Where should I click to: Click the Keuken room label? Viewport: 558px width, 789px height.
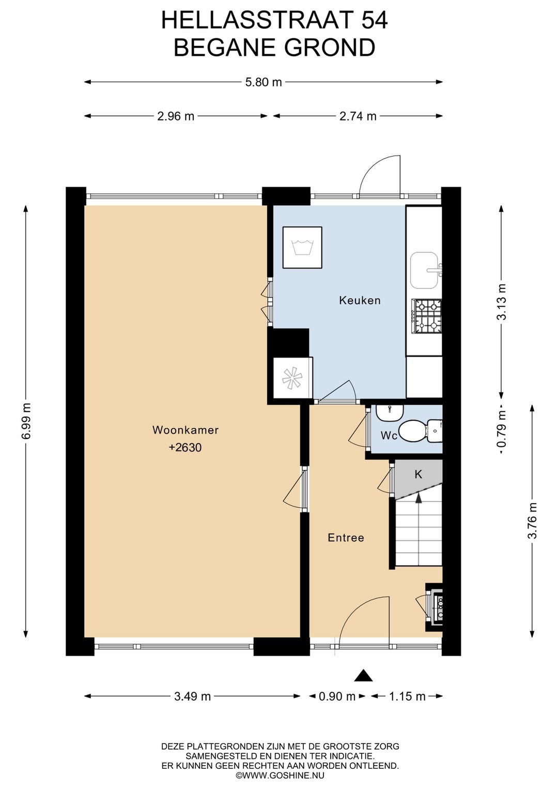360,300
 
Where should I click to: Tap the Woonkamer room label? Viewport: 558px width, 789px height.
185,430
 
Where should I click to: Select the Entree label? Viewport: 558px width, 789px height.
346,538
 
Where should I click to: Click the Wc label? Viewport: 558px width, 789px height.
389,436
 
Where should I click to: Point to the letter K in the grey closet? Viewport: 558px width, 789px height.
418,475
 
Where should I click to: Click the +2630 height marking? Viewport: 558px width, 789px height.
185,448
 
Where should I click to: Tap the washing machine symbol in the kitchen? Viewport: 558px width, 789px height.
303,247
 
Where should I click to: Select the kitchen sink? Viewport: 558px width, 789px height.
425,270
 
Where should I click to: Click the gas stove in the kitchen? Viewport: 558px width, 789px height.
427,316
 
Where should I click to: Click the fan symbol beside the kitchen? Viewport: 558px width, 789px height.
292,378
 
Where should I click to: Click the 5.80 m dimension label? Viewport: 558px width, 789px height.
263,82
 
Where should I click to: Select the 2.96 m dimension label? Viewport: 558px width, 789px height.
176,116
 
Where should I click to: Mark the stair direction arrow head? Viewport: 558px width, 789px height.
418,497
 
